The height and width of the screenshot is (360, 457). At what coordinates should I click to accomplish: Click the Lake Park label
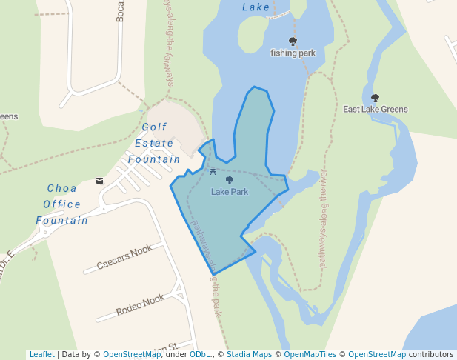[x=229, y=192]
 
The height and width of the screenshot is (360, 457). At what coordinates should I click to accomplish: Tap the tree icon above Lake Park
[x=229, y=180]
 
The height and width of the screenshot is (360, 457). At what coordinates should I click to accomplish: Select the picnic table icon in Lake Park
[x=213, y=172]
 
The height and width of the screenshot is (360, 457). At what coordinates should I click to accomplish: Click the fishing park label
[x=293, y=53]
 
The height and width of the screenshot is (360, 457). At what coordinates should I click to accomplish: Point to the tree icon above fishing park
[x=293, y=41]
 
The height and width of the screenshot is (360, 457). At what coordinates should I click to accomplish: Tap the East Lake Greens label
[x=375, y=110]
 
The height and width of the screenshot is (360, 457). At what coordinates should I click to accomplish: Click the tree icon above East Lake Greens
[x=375, y=98]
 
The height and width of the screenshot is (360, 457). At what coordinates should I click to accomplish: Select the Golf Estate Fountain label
[x=154, y=143]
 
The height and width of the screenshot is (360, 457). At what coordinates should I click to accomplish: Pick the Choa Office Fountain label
[x=62, y=204]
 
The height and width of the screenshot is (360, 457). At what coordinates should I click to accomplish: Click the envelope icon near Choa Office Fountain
[x=100, y=181]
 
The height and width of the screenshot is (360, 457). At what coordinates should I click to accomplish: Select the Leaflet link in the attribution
[x=41, y=354]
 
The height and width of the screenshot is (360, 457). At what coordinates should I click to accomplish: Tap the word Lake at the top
[x=256, y=7]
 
